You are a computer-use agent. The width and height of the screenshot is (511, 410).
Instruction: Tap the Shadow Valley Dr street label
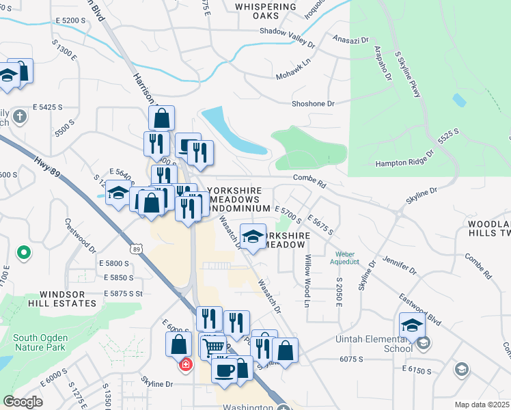(287, 37)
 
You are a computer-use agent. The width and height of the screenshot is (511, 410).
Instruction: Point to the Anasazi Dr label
(350, 40)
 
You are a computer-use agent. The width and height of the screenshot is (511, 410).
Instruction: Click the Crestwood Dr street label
(81, 236)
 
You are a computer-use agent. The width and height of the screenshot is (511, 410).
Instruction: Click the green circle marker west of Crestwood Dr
(24, 254)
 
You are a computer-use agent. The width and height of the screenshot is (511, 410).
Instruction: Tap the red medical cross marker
(185, 364)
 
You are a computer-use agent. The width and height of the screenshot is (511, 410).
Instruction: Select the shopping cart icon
(213, 347)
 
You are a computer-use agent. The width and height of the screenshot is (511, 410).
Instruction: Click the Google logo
(23, 402)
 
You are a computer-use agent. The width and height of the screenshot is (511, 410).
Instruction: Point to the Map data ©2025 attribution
(482, 405)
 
